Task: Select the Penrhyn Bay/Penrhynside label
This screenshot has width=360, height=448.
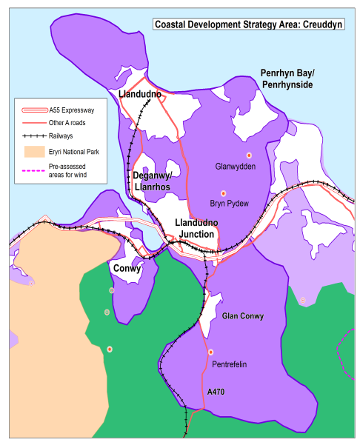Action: click(x=287, y=78)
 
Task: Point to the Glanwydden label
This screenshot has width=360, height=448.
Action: click(x=235, y=167)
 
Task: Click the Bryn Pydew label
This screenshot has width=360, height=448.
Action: click(x=229, y=203)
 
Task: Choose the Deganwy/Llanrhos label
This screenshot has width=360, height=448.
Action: click(x=151, y=181)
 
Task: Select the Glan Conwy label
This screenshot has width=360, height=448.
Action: click(x=243, y=316)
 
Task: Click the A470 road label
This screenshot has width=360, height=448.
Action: click(x=216, y=391)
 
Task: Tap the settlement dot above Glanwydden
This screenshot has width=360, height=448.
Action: click(x=250, y=154)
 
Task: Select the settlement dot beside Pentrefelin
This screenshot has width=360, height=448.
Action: click(x=211, y=352)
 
